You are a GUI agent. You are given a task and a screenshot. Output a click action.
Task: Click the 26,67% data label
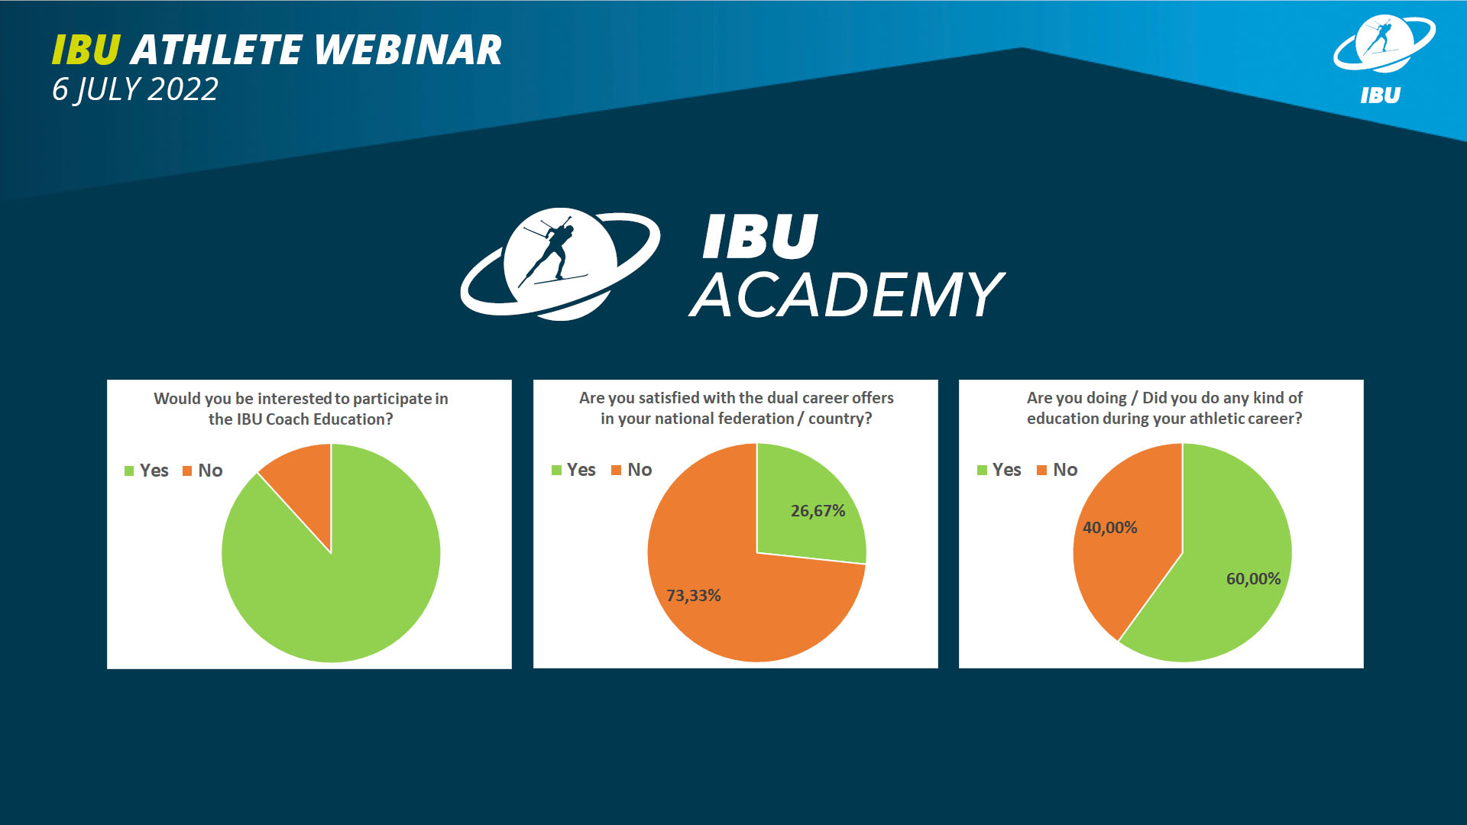click(818, 510)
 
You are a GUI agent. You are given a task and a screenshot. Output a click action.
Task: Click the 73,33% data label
click(693, 595)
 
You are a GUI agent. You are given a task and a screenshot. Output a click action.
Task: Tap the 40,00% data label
click(1109, 527)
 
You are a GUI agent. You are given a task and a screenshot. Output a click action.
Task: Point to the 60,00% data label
click(1253, 578)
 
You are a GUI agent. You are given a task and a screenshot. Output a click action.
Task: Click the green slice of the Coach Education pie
click(336, 588)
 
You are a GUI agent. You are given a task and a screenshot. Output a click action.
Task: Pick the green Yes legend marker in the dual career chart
click(556, 470)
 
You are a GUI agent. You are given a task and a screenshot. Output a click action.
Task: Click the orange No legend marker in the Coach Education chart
click(187, 471)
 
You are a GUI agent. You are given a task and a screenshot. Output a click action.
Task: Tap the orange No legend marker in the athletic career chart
click(1041, 470)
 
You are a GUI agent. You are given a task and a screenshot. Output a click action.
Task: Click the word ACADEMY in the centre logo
click(847, 295)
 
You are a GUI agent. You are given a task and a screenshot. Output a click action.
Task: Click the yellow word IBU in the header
click(86, 50)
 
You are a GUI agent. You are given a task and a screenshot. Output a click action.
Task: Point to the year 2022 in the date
click(183, 89)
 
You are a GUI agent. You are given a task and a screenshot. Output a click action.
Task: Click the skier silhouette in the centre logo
click(552, 252)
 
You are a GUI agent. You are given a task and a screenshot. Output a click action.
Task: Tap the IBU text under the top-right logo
click(1380, 95)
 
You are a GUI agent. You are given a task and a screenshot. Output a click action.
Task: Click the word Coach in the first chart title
click(286, 419)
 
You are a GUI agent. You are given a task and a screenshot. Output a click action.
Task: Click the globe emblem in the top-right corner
click(1384, 44)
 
